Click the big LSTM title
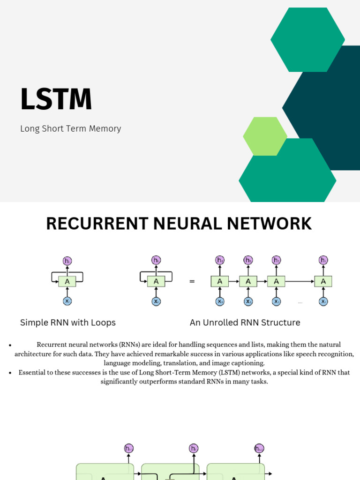[x=56, y=99]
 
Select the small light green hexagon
[x=265, y=136]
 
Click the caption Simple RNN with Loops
[x=67, y=322]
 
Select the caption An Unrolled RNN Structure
[x=245, y=322]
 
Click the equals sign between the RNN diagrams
[x=192, y=282]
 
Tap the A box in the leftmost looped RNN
[x=67, y=281]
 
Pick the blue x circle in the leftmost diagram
[x=67, y=301]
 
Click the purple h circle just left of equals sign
[x=156, y=260]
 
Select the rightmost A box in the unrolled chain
[x=323, y=281]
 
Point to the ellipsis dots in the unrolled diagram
[x=300, y=303]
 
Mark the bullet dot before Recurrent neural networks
[x=10, y=345]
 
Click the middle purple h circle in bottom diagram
[x=194, y=449]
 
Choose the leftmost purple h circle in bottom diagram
[x=128, y=449]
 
